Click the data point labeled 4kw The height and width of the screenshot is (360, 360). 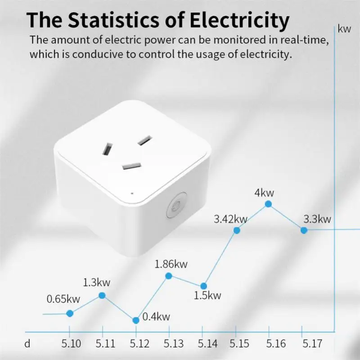[x=269, y=204]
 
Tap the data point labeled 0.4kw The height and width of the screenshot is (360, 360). [x=136, y=320]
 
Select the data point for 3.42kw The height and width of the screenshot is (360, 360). [x=237, y=230]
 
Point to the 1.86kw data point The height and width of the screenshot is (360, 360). [x=169, y=276]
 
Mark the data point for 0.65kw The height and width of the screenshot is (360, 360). [x=70, y=313]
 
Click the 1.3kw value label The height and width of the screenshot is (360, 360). [x=97, y=283]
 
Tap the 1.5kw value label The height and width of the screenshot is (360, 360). [x=207, y=296]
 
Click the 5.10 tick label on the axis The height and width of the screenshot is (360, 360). [x=71, y=344]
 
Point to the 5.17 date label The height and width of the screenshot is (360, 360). [x=311, y=344]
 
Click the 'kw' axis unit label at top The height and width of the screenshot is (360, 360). [x=344, y=30]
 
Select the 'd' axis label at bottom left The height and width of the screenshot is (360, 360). [x=27, y=344]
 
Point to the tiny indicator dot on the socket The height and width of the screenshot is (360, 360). [x=132, y=193]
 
